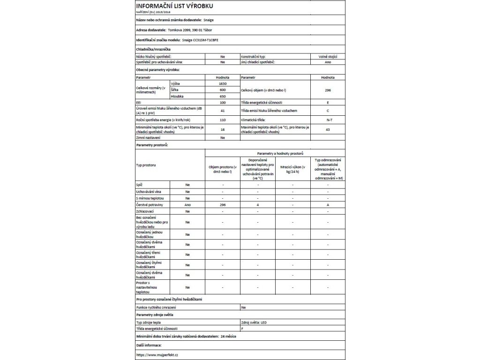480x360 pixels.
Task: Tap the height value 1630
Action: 223,82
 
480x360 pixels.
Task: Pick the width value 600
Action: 223,89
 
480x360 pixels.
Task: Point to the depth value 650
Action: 223,96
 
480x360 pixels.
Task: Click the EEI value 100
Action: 223,102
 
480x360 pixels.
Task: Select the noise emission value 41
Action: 223,111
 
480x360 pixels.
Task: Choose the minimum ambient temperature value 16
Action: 223,129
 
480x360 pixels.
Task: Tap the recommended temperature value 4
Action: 258,205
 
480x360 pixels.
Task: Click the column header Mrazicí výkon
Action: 292,170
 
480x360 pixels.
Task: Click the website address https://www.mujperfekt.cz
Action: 157,355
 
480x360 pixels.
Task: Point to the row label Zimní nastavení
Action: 148,138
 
